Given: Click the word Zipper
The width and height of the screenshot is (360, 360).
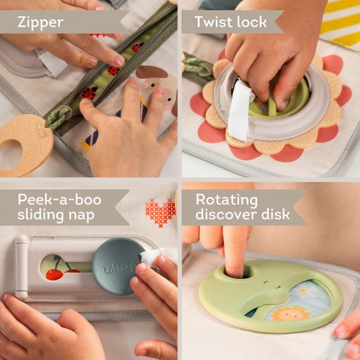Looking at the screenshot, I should [x=41, y=22].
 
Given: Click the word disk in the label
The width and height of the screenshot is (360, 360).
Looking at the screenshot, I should [x=276, y=215].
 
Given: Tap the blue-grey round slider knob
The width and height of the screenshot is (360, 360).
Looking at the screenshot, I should [x=114, y=266].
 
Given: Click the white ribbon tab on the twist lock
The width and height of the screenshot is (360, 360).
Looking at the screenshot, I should [x=240, y=111].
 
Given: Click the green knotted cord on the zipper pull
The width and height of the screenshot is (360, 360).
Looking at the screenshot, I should [x=58, y=117].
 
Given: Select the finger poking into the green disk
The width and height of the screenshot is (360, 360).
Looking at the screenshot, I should [x=235, y=254].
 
